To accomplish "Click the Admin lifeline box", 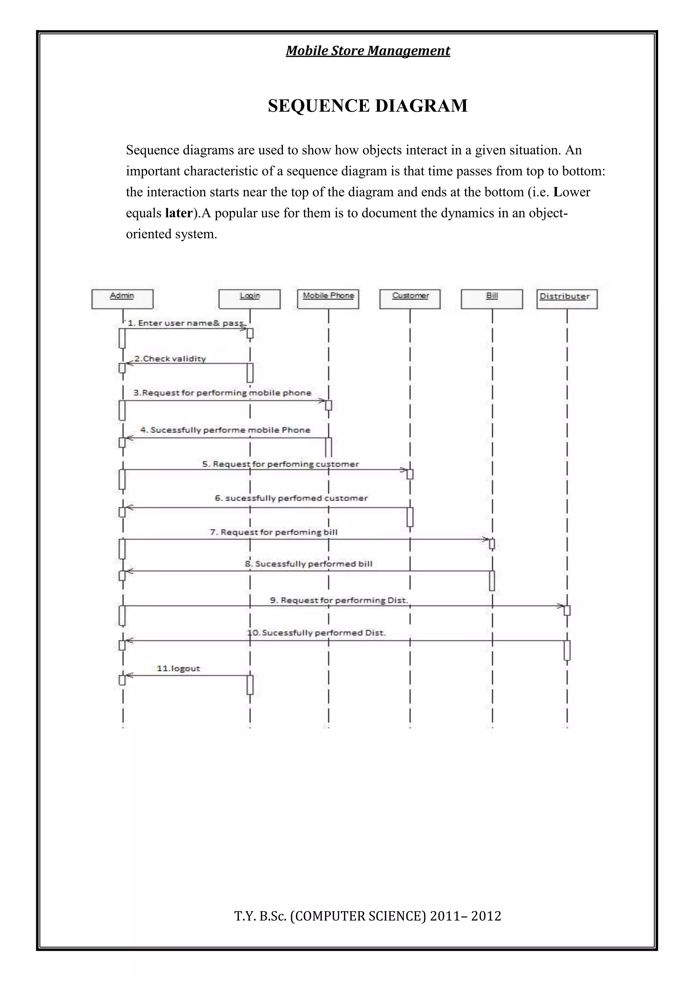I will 122,299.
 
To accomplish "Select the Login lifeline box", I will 249,299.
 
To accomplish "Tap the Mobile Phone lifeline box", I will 328,299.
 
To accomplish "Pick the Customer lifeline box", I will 410,299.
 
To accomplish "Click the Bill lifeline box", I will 492,299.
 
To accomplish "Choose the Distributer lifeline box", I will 567,299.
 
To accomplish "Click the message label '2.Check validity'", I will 170,359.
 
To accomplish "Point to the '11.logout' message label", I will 178,668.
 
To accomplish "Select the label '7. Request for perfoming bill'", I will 273,533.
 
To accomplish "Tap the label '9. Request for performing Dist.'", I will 339,600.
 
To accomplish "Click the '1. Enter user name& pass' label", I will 186,323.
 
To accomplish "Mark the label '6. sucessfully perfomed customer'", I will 291,498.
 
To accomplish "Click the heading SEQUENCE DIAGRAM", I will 368,106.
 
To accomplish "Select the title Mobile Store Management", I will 368,51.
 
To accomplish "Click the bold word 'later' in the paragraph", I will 178,213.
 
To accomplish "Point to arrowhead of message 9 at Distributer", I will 561,606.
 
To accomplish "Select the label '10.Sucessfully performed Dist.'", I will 317,633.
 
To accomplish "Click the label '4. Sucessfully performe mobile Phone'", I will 226,430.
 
